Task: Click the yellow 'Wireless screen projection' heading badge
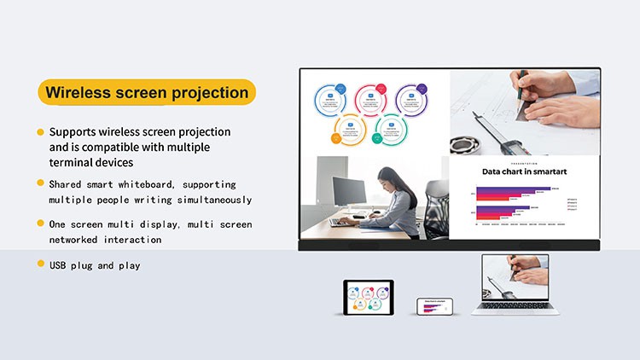pyautogui.click(x=147, y=92)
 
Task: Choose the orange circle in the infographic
pyautogui.click(x=350, y=132)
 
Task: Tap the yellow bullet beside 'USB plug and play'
pyautogui.click(x=40, y=264)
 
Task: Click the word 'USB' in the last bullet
pyautogui.click(x=60, y=265)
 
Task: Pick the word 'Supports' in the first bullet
pyautogui.click(x=73, y=132)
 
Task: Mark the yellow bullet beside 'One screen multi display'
pyautogui.click(x=40, y=224)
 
